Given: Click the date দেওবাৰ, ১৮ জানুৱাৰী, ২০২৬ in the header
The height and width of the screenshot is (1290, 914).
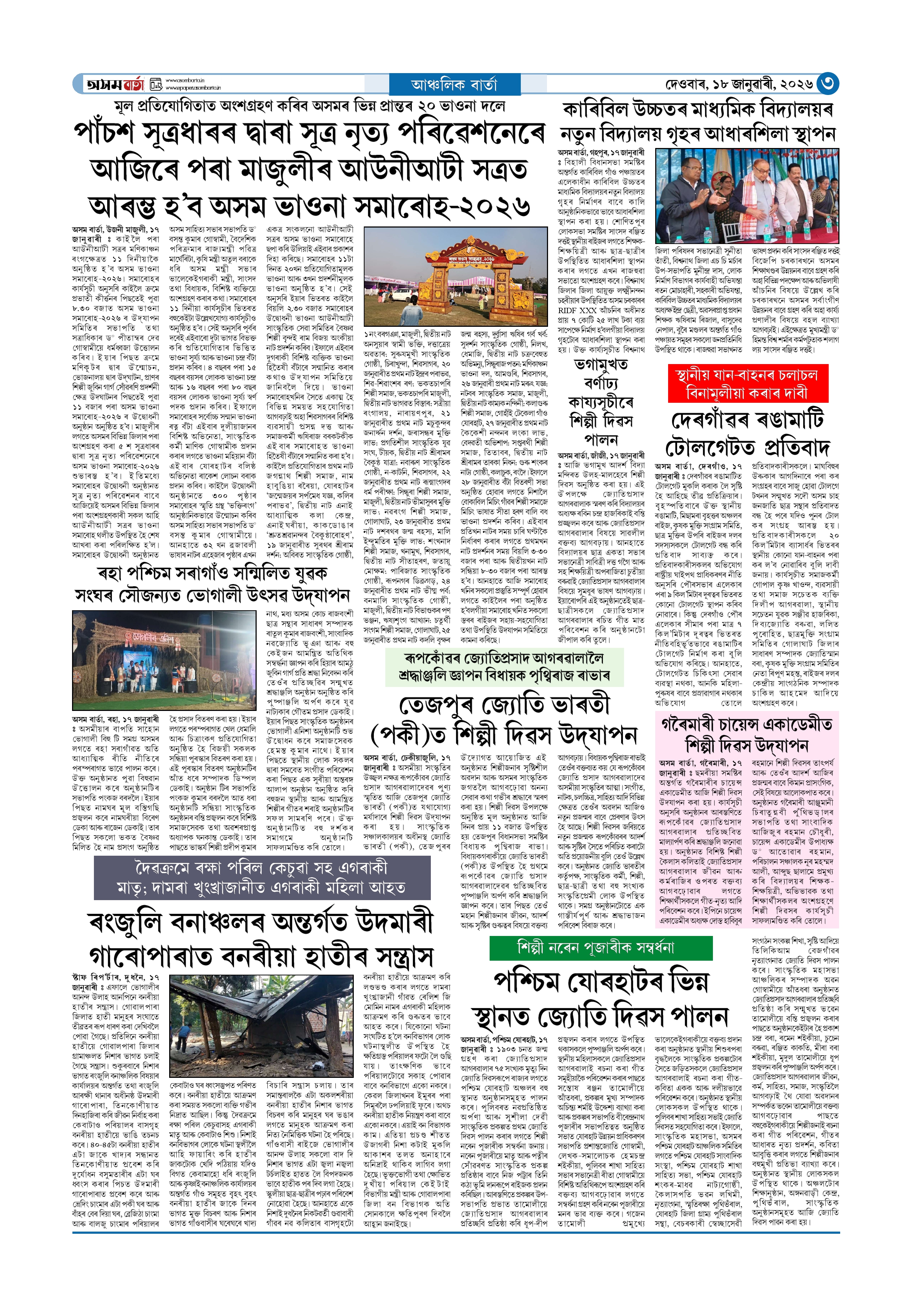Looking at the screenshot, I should [x=738, y=84].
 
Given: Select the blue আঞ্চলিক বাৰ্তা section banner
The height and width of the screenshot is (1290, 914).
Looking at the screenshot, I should [x=454, y=84].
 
